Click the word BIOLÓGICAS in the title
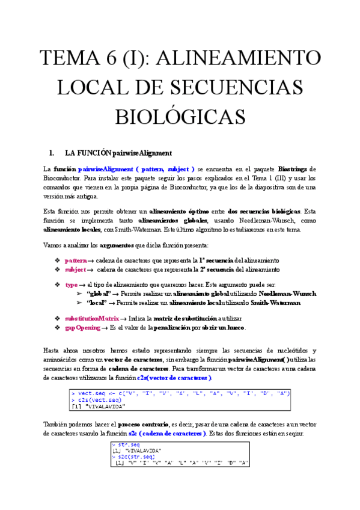click(x=180, y=116)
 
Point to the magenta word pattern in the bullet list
click(x=76, y=260)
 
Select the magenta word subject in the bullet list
click(x=76, y=269)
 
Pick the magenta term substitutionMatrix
click(x=91, y=318)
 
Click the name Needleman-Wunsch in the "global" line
click(x=287, y=293)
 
